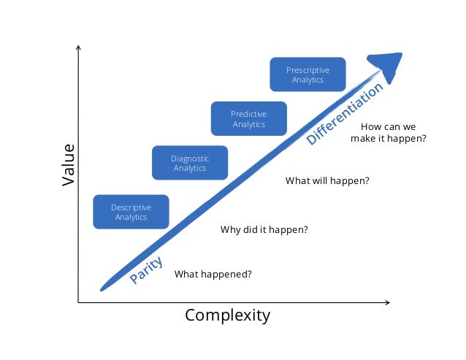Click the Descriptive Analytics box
click(131, 212)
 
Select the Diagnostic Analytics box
click(190, 163)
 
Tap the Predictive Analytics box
click(248, 119)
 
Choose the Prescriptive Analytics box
click(308, 74)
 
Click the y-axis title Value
click(69, 164)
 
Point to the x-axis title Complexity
click(227, 315)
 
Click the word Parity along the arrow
click(146, 271)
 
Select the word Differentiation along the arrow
click(344, 113)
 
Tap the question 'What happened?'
click(213, 275)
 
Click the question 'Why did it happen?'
click(264, 230)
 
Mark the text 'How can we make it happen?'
click(388, 132)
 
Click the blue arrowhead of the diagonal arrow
click(390, 66)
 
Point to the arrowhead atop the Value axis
click(77, 49)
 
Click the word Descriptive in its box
click(131, 207)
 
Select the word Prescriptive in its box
click(308, 70)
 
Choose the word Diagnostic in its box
click(190, 158)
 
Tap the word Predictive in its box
click(248, 115)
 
